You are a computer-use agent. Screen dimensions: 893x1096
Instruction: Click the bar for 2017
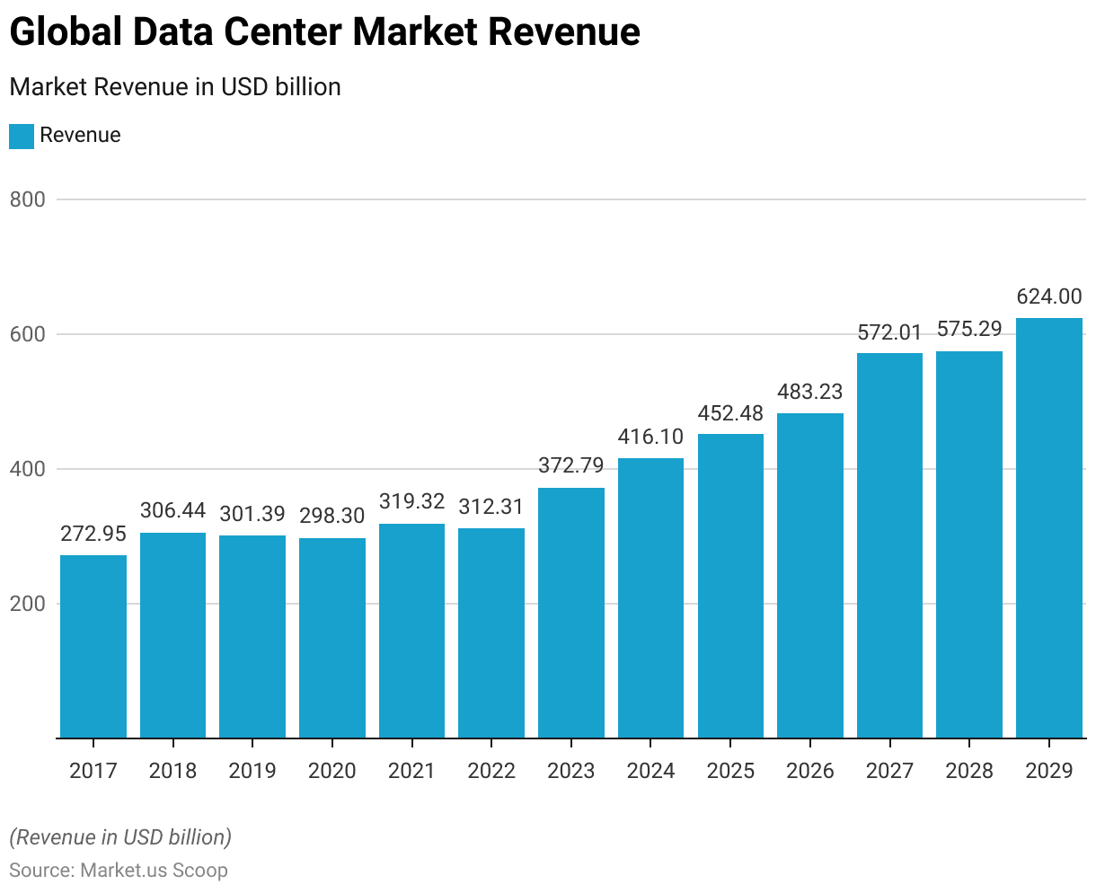pos(93,647)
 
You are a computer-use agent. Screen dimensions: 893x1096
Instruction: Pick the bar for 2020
pos(332,638)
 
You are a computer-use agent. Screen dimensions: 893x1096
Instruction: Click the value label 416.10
pos(650,438)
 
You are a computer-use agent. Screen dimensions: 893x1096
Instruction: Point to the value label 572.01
pos(889,332)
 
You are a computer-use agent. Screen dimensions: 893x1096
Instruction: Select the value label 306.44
pos(172,511)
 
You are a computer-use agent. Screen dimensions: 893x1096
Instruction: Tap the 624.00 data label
pos(1049,296)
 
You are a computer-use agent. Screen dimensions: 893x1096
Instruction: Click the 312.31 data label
pos(491,507)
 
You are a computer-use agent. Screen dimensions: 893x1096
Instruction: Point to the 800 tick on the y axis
pos(27,199)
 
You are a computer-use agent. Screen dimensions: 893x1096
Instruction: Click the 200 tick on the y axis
pos(27,604)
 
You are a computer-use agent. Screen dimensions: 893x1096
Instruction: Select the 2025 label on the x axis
pos(730,771)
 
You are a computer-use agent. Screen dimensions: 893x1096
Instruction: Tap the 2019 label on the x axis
pos(252,771)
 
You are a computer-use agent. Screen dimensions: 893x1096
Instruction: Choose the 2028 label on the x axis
pos(969,771)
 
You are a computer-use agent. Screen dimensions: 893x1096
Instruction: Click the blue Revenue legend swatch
pos(22,136)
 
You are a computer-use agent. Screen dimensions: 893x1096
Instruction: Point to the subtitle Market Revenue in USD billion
pos(175,87)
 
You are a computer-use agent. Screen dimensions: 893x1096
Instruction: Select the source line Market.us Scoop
pos(119,871)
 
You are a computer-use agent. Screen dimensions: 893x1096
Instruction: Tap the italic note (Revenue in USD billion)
pos(120,837)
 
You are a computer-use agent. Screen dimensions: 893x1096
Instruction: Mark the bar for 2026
pos(810,575)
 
